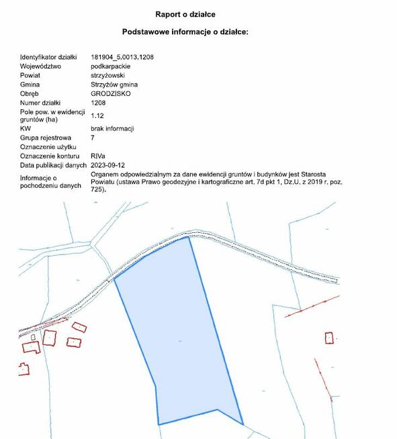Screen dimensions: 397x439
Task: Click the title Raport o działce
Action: (185, 13)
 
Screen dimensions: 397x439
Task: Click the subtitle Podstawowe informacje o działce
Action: (185, 32)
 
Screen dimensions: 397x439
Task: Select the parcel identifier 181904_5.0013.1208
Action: (122, 58)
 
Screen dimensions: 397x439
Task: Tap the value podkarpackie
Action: (110, 67)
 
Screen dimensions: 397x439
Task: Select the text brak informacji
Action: (112, 128)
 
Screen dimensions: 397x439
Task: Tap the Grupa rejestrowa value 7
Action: (93, 137)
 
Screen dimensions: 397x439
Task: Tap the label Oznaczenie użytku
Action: (48, 146)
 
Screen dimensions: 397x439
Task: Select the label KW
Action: (26, 128)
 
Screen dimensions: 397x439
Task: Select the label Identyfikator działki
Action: (49, 58)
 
